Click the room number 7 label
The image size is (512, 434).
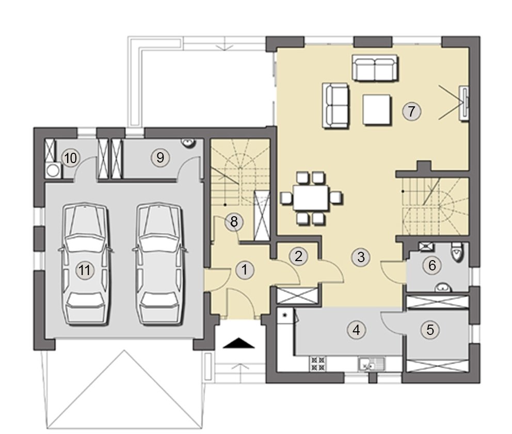coord(411,111)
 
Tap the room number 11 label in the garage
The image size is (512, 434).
coord(84,270)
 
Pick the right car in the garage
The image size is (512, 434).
coord(160,264)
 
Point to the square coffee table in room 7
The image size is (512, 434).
coord(377,109)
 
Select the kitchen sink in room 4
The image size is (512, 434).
coord(372,363)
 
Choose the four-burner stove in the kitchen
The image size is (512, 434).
coord(318,363)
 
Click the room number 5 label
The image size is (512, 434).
coord(430,330)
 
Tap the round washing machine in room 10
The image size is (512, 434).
coord(53,170)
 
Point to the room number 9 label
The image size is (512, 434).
coord(160,157)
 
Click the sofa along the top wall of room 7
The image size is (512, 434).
coord(375,67)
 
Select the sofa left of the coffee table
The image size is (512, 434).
coord(335,105)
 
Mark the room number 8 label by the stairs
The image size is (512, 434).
coord(234,222)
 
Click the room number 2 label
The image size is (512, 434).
coord(298,255)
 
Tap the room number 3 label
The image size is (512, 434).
coord(361,257)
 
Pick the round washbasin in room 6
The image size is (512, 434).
coord(443,288)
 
